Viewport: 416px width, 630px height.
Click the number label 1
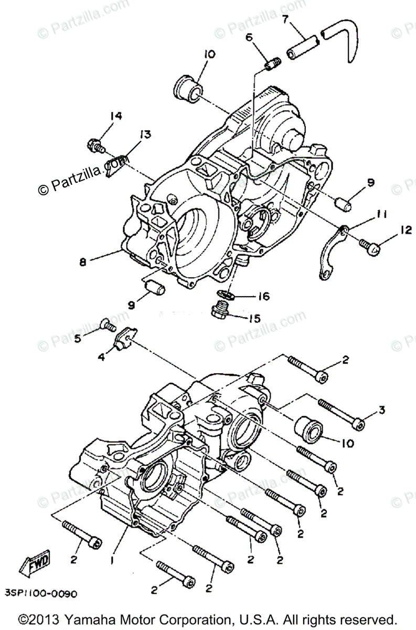point(111,560)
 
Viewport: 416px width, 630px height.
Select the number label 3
point(381,410)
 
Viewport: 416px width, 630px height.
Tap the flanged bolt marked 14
point(95,143)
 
